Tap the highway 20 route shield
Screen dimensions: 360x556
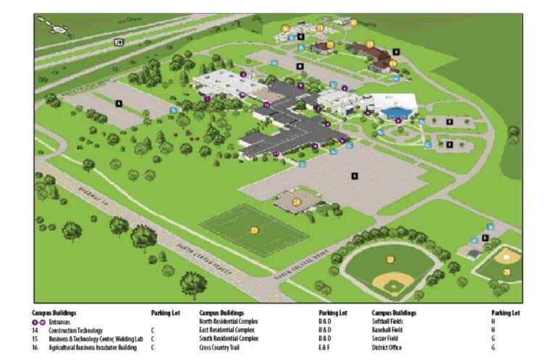click(119, 42)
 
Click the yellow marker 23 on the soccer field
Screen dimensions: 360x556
click(253, 230)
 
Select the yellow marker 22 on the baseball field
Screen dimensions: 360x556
click(390, 259)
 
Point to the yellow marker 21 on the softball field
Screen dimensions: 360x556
click(507, 272)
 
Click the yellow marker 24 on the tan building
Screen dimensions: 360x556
click(296, 201)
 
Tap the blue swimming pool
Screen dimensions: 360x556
click(395, 112)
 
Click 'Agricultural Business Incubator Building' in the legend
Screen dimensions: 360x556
click(93, 347)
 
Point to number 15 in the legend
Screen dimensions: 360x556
click(35, 338)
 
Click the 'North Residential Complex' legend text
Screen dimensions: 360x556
click(228, 322)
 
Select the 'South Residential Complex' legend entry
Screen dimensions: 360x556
click(228, 338)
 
